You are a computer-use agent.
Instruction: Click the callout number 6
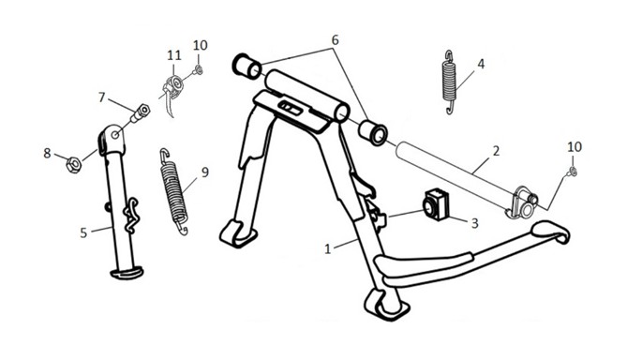tap(335, 40)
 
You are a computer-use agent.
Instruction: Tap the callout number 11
tap(174, 55)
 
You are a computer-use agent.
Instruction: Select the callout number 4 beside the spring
tap(481, 64)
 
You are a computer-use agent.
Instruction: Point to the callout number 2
tap(496, 151)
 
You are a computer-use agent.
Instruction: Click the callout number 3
tap(474, 223)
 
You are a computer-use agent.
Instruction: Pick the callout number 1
tap(327, 248)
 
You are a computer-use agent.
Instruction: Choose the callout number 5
tap(83, 233)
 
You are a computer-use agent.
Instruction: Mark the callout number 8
tap(48, 153)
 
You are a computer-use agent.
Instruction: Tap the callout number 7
tap(102, 97)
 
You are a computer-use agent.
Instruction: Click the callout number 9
tap(204, 172)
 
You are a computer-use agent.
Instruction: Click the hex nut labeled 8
tap(74, 165)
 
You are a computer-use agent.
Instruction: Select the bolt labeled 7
tap(140, 113)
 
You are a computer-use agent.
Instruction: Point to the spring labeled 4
tap(450, 82)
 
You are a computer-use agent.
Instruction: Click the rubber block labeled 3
tap(436, 204)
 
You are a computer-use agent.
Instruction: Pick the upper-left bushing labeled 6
tap(246, 67)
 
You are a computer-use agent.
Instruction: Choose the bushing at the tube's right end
tap(373, 133)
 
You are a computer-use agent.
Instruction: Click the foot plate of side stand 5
tap(127, 273)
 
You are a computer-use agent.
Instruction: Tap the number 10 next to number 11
tap(201, 45)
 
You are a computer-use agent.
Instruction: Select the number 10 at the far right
tap(575, 146)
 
